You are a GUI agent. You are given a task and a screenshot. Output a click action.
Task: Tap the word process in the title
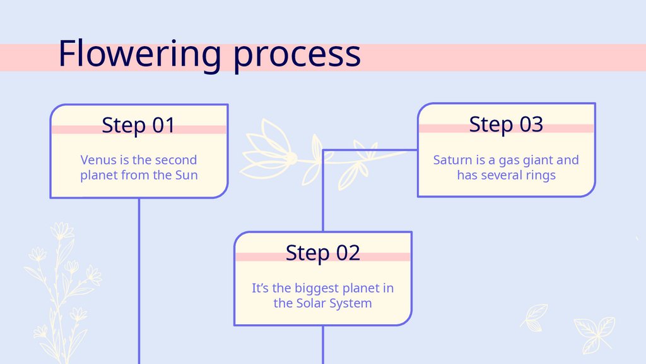297,56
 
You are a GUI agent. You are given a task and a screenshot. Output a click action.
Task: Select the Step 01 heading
138,124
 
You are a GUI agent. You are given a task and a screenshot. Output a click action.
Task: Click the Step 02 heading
322,252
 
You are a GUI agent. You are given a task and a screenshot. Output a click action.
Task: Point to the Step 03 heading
506,124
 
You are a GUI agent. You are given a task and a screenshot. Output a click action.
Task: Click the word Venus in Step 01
98,160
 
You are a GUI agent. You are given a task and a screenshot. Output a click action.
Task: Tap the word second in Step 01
175,160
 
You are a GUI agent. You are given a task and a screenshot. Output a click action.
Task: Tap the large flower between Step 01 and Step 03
268,152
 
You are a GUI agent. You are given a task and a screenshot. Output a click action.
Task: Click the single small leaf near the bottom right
536,314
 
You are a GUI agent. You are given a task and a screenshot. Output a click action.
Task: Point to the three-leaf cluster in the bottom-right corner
594,333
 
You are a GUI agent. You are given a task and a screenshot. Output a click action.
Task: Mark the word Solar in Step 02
312,303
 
